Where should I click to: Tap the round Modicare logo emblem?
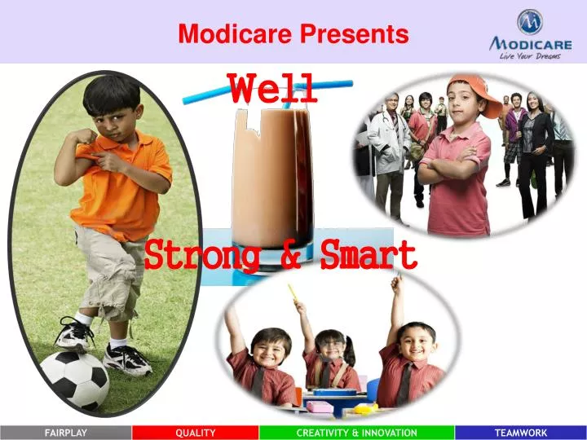(530, 21)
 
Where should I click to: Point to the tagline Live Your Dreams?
(531, 55)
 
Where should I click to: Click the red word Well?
(272, 88)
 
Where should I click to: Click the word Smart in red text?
(368, 255)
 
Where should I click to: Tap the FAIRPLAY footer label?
(65, 433)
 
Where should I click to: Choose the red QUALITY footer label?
(196, 433)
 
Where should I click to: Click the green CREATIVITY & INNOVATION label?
(357, 433)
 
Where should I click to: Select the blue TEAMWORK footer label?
(521, 433)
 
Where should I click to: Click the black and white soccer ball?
(74, 380)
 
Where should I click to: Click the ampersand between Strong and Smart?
(289, 255)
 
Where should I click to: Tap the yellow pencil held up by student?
(291, 293)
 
